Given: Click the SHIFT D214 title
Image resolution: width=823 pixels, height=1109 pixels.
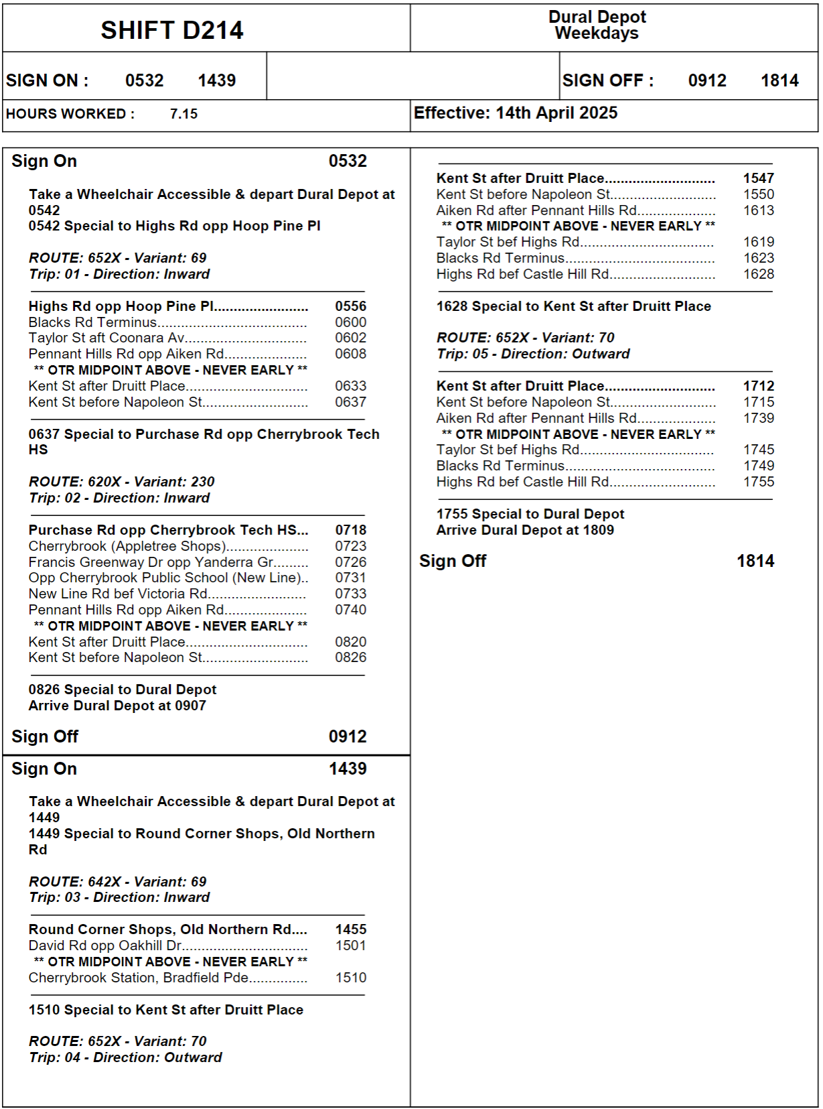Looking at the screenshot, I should (x=172, y=30).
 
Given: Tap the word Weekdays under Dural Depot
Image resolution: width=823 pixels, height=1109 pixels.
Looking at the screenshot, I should (x=597, y=34).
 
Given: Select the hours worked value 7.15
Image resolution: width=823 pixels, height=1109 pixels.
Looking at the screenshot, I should (x=183, y=114).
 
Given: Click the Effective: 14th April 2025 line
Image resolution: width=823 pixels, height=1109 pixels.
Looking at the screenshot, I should (x=516, y=113).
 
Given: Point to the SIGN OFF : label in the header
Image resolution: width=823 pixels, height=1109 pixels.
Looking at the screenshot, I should (x=607, y=80).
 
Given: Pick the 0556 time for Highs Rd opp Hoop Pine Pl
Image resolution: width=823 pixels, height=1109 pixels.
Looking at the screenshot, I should (x=351, y=306).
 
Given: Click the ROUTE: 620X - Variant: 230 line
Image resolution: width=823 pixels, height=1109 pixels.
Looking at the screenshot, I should (x=121, y=482).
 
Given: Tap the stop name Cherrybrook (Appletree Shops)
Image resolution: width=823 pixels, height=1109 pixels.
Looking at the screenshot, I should (x=127, y=546).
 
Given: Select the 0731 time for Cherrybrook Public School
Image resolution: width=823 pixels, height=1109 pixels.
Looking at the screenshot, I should (x=351, y=578).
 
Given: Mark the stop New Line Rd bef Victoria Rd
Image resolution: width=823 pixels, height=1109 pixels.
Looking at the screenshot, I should (x=118, y=594).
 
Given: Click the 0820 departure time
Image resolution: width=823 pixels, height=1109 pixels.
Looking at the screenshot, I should (x=351, y=642).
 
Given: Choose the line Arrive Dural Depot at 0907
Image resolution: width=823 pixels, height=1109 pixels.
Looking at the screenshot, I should (x=117, y=706).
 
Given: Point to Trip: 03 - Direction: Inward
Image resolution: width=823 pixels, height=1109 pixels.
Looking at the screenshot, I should (x=119, y=897).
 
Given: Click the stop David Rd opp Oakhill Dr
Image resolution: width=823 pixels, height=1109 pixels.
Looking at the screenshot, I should (x=105, y=945).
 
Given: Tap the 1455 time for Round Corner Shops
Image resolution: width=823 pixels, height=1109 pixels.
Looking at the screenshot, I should (x=351, y=929).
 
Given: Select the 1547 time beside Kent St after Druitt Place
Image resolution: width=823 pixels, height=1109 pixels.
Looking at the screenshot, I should (x=759, y=178).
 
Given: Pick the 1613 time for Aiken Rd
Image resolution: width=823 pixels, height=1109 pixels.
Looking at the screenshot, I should (x=759, y=210).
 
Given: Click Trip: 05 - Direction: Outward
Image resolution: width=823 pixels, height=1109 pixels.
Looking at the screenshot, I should (x=533, y=354).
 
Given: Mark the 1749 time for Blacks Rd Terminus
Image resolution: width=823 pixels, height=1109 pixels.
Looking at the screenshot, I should (x=759, y=466).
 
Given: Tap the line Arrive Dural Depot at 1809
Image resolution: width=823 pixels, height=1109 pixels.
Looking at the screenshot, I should (x=525, y=530).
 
